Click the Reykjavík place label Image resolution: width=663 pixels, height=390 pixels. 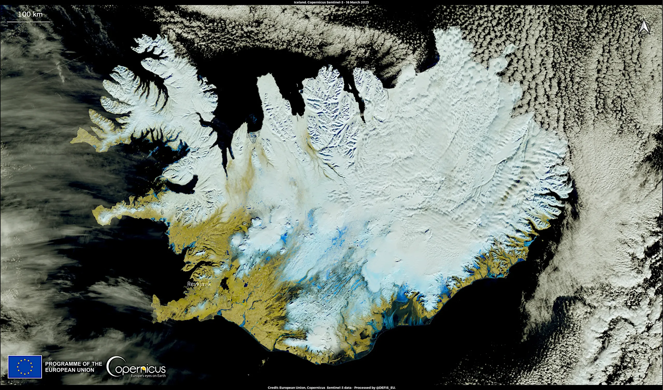pyautogui.click(x=199, y=284)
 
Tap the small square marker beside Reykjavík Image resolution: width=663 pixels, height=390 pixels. pyautogui.click(x=187, y=287)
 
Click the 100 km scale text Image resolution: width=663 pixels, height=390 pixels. pyautogui.click(x=30, y=14)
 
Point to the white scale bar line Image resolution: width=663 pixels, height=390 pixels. pyautogui.click(x=28, y=22)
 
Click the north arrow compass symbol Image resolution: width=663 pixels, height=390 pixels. pyautogui.click(x=644, y=28)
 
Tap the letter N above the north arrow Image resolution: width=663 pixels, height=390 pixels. pyautogui.click(x=644, y=17)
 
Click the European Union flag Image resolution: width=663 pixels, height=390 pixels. pyautogui.click(x=25, y=367)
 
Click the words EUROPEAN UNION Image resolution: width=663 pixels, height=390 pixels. pyautogui.click(x=69, y=370)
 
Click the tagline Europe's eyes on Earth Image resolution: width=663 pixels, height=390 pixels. pyautogui.click(x=148, y=376)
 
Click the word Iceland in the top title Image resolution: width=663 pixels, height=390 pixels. pyautogui.click(x=299, y=2)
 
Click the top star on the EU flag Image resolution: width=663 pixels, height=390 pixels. pyautogui.click(x=25, y=359)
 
